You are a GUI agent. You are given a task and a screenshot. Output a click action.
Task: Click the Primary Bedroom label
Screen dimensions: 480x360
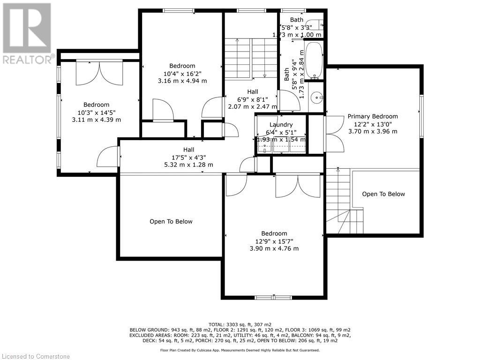(x=373, y=116)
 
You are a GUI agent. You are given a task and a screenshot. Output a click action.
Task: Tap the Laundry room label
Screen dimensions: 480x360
(x=281, y=125)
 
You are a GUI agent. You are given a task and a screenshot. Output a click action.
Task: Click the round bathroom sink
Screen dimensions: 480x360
(x=315, y=98)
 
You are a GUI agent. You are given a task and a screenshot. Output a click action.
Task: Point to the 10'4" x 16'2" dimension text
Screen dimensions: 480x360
(x=182, y=74)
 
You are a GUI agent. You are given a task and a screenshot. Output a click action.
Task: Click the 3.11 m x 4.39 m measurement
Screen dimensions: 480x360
(x=97, y=120)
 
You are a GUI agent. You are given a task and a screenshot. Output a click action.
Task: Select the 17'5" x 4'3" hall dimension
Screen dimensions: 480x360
(x=188, y=157)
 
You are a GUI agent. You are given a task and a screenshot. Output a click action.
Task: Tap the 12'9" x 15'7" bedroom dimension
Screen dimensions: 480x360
(x=274, y=241)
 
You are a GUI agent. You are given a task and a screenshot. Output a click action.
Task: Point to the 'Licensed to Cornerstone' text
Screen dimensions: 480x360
(x=35, y=356)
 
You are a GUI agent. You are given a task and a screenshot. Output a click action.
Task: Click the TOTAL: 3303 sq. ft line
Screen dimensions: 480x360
(x=240, y=324)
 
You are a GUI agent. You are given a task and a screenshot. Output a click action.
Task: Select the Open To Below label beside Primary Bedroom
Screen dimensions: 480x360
(x=383, y=194)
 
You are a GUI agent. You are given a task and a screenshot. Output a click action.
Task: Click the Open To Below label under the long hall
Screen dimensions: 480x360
(x=171, y=222)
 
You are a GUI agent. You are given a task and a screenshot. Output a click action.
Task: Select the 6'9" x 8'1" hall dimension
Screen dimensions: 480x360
(x=253, y=99)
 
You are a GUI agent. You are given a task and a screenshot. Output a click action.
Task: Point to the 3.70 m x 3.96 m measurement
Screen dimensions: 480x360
(x=373, y=131)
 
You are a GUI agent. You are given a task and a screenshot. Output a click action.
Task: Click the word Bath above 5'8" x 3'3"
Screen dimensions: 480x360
(x=296, y=20)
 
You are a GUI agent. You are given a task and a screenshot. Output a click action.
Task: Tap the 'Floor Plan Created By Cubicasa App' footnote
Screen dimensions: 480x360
(x=240, y=350)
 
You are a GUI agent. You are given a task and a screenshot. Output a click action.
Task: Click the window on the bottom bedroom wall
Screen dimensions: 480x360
(x=274, y=297)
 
